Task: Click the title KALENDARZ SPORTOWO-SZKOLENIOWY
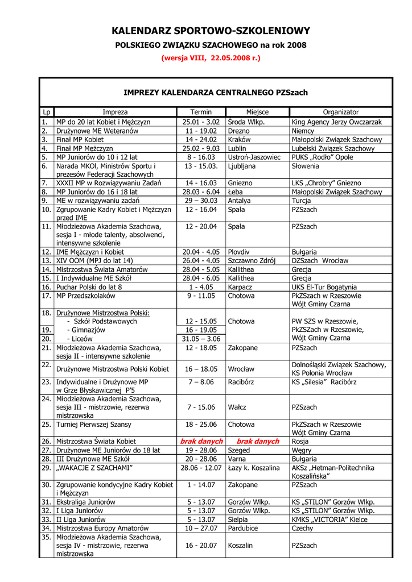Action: click(211, 31)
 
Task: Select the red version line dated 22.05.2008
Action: click(211, 58)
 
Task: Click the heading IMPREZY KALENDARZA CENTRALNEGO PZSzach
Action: click(216, 92)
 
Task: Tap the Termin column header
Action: click(200, 112)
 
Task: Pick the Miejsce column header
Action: click(257, 112)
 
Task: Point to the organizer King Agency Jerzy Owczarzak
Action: click(337, 122)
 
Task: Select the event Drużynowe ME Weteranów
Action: click(97, 131)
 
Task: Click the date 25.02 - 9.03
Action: click(201, 148)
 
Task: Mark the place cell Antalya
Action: click(239, 201)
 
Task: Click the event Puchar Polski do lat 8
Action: click(89, 287)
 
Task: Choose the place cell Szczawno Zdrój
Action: click(252, 260)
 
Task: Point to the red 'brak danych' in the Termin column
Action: click(200, 441)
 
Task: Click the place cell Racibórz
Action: click(241, 382)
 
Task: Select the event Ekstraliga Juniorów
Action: click(86, 502)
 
